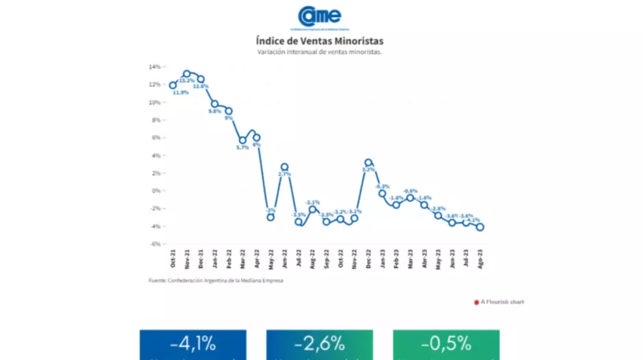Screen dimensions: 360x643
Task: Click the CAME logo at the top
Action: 320,16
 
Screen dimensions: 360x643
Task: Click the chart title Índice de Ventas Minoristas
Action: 320,41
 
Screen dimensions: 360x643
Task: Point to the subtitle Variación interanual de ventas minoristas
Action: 320,52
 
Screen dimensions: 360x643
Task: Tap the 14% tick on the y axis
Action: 154,67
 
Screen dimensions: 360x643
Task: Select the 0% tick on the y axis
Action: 155,191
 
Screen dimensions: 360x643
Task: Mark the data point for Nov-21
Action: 186,73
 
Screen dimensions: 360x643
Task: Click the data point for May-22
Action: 270,217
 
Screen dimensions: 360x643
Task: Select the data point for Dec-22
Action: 368,163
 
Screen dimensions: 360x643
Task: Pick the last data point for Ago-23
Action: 480,227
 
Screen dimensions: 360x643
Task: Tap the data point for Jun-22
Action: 284,167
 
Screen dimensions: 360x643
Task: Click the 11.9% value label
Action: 180,92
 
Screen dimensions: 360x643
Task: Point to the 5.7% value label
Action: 242,148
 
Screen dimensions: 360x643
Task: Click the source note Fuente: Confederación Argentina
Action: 216,281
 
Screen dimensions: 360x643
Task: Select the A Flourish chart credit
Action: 499,302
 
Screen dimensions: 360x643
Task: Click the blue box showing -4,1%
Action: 192,344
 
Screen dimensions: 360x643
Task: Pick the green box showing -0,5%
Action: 446,344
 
